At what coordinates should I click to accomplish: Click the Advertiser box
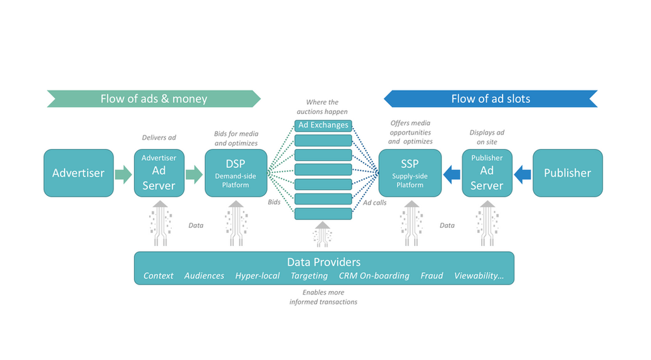78,173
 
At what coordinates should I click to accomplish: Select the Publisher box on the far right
567,173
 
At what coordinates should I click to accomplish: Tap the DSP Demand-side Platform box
236,173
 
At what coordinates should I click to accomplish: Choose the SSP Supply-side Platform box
410,173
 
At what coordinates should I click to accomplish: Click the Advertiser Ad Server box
159,173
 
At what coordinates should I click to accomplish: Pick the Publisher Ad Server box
487,173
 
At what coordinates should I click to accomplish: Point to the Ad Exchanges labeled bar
323,125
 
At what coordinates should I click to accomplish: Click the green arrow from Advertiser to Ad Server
123,174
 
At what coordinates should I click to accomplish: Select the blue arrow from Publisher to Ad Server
523,174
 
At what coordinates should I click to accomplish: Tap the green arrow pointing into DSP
194,174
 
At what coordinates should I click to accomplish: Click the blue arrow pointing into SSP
452,174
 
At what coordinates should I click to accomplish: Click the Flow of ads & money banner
154,99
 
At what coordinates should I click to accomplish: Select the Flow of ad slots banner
490,99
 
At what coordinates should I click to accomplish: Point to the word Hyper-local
257,275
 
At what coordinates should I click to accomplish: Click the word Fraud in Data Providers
432,275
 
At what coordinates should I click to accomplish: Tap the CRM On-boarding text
374,275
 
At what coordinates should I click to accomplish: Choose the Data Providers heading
324,262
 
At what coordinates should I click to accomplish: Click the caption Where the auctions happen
323,107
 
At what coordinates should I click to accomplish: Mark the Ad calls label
374,202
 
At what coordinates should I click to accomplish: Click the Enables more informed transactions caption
324,298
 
